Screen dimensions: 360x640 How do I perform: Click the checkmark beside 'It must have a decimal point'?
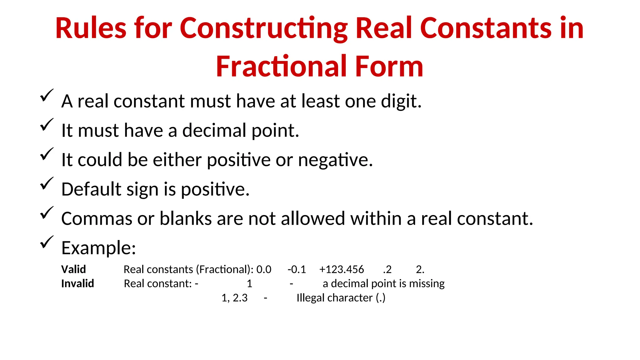(47, 125)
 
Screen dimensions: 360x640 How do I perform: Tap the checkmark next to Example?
(47, 242)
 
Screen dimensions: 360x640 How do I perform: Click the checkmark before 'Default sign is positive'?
(47, 184)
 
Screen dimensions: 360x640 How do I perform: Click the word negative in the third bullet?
(335, 160)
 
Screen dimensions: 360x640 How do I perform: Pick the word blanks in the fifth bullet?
(186, 218)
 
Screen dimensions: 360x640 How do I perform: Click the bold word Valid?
(73, 269)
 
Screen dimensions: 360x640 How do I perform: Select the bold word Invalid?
(77, 283)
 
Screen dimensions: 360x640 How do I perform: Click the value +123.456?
(341, 269)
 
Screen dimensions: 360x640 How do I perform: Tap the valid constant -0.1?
(297, 269)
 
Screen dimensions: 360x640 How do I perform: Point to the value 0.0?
(264, 269)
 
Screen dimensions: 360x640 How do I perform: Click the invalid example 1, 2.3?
(234, 298)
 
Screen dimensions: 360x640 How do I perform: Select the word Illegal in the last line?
(311, 298)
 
